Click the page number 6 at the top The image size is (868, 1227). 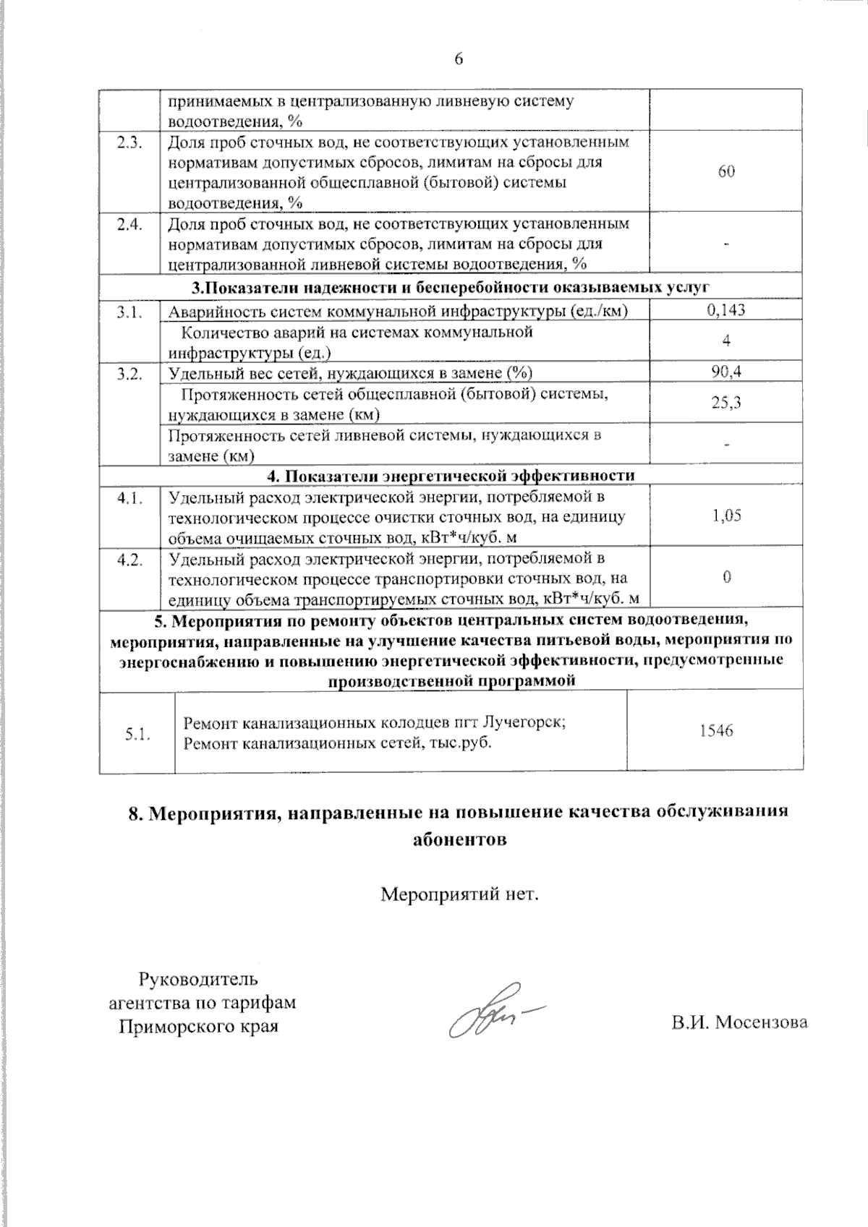tap(458, 59)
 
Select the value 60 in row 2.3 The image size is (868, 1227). tap(726, 171)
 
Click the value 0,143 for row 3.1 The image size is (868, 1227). tap(726, 310)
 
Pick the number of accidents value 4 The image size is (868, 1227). tap(726, 341)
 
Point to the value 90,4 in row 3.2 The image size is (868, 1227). tap(726, 372)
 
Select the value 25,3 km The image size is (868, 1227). tap(726, 403)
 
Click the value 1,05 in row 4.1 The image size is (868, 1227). tap(726, 516)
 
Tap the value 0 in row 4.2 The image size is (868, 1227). tap(726, 576)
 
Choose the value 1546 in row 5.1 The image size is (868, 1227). tap(716, 730)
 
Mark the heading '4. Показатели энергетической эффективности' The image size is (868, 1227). tap(451, 476)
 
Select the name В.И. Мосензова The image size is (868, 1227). tap(739, 1022)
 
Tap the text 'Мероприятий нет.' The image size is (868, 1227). tap(461, 895)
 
